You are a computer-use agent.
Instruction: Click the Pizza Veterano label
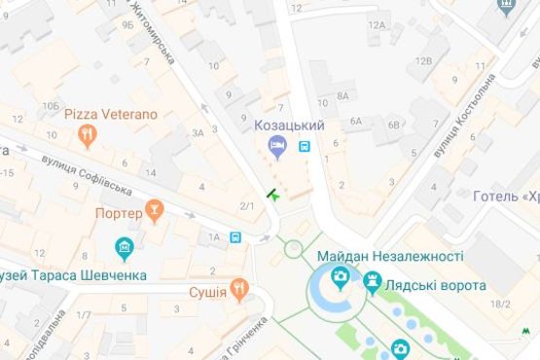point(111,114)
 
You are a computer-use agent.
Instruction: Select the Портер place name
point(119,213)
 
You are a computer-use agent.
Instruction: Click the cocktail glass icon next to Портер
point(153,210)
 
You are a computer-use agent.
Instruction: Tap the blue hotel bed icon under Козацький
point(278,146)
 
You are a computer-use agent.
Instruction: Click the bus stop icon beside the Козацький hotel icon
point(306,147)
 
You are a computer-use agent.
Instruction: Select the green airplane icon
point(275,196)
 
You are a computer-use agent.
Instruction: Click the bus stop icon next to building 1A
point(235,236)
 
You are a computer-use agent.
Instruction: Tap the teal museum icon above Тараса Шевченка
point(125,250)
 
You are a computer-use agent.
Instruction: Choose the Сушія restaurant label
point(207,291)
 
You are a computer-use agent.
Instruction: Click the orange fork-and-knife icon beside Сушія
point(239,291)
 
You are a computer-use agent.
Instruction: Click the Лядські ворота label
point(437,286)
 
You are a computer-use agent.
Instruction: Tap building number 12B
point(423,60)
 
